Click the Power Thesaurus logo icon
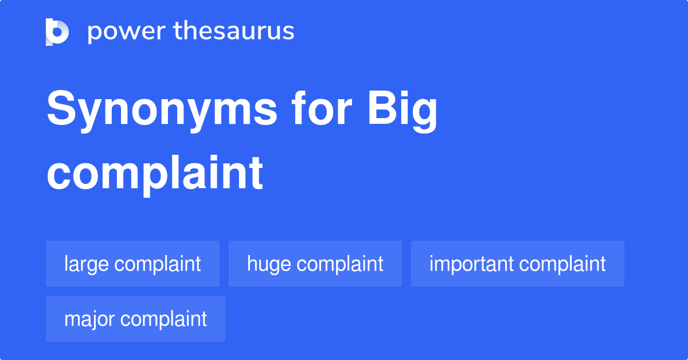pyautogui.click(x=57, y=32)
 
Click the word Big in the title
pyautogui.click(x=402, y=111)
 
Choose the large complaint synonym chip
pyautogui.click(x=132, y=264)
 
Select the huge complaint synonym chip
pyautogui.click(x=315, y=264)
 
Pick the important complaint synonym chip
pyautogui.click(x=517, y=264)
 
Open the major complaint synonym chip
pyautogui.click(x=135, y=319)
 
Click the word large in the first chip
pyautogui.click(x=87, y=264)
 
